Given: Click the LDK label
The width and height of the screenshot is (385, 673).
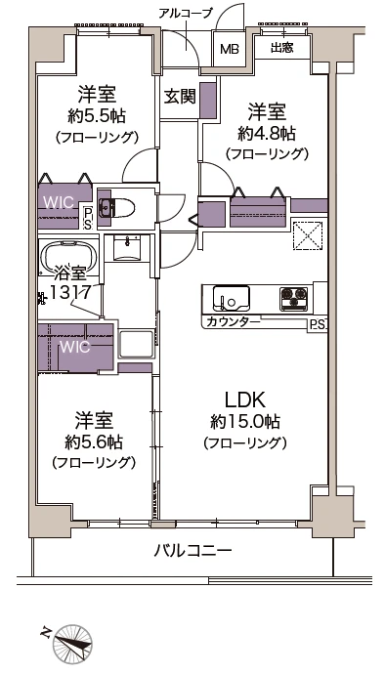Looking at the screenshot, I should [x=245, y=401].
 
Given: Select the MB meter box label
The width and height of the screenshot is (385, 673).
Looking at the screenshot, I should [x=230, y=49].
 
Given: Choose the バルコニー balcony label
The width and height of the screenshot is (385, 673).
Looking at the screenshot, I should [x=192, y=552].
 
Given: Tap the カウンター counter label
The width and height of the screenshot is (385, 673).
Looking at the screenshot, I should [x=234, y=321].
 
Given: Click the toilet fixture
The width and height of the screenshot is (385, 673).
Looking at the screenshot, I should [x=122, y=208].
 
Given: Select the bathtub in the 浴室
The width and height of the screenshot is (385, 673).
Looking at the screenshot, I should [x=66, y=260].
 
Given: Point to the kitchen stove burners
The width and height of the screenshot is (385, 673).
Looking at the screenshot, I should [x=293, y=296].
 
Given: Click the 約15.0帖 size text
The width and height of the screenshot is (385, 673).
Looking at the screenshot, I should [x=244, y=422].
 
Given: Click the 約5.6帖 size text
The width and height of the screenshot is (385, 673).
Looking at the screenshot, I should [x=94, y=442].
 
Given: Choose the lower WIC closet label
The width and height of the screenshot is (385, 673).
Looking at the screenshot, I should [x=74, y=347].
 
